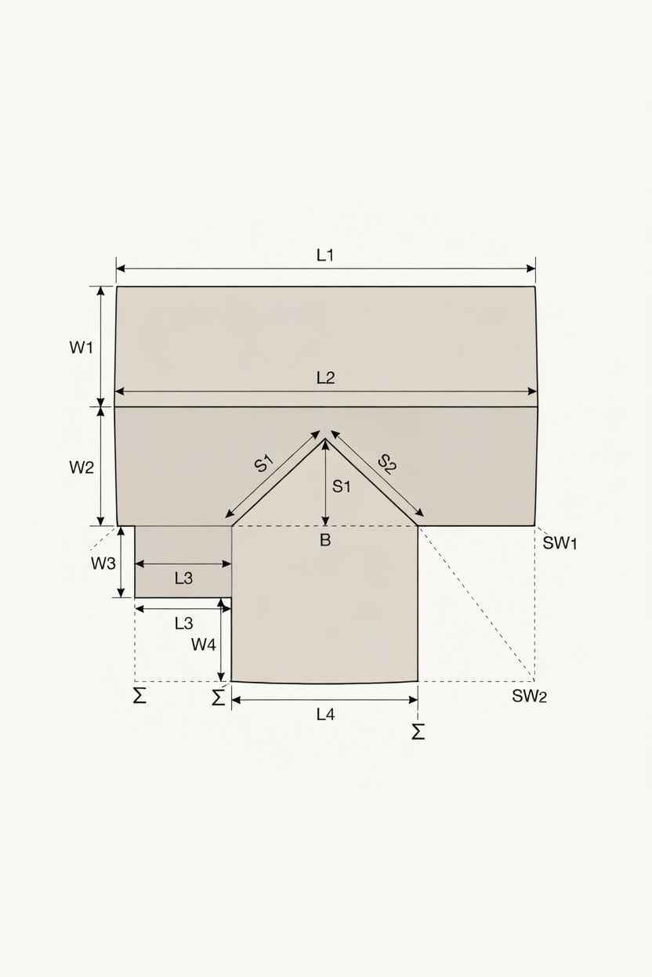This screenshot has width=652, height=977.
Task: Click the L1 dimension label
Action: [x=325, y=254]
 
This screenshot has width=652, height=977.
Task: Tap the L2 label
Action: [x=325, y=377]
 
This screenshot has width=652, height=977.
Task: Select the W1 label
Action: [x=81, y=348]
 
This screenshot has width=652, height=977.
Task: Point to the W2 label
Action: [x=81, y=467]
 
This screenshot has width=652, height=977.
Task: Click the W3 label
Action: [x=103, y=564]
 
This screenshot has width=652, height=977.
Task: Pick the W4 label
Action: [x=204, y=644]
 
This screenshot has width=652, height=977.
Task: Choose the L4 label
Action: [x=325, y=715]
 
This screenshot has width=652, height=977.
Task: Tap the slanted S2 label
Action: [x=387, y=464]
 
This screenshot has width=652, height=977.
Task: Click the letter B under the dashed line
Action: [x=325, y=540]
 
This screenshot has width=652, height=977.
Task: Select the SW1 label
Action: [x=560, y=543]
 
